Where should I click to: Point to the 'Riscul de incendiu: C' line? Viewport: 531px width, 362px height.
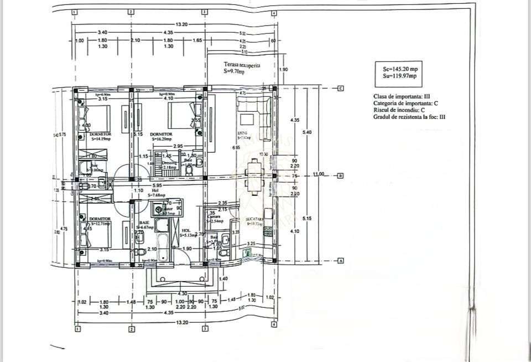[397, 110]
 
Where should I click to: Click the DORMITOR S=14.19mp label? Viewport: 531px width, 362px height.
[100, 136]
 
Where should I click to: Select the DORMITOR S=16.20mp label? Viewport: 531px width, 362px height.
[161, 136]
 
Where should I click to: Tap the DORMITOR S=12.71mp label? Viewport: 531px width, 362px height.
[100, 221]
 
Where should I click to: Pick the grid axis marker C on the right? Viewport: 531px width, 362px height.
[341, 88]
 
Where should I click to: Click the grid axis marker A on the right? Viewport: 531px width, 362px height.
[341, 261]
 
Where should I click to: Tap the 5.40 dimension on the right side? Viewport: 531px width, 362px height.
[308, 132]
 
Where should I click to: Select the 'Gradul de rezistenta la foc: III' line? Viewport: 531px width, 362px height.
[409, 117]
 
